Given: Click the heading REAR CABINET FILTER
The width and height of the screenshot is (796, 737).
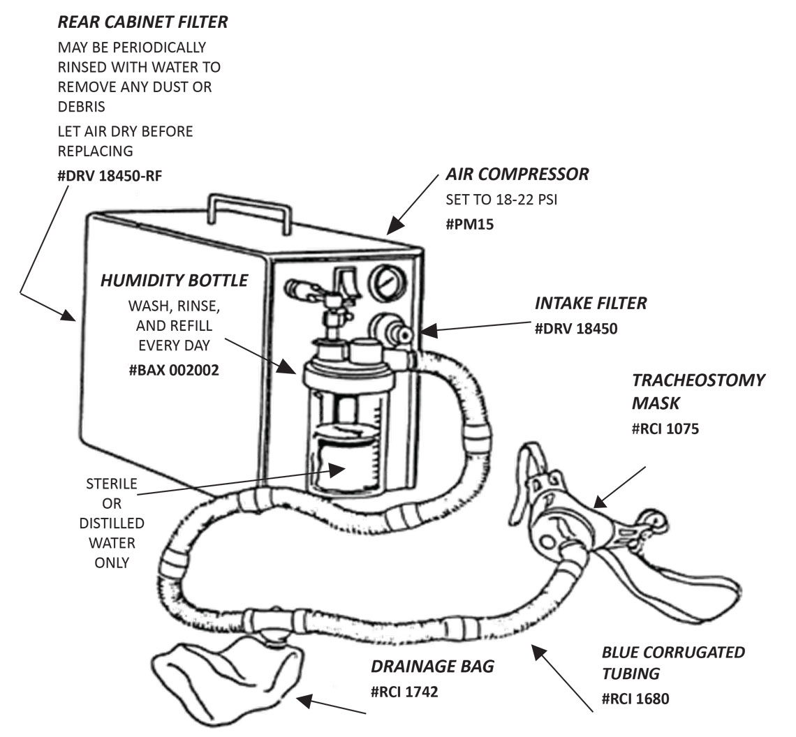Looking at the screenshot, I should point(142,22).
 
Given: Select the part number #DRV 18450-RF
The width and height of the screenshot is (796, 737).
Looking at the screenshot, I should point(110,175).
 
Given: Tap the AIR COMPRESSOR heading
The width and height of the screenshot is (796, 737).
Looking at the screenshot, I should point(517,174).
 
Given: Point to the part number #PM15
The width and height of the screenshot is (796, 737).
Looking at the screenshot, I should point(470,224).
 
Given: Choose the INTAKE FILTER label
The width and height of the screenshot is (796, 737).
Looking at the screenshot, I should point(591,303).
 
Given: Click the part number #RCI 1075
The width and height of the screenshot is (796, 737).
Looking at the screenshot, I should point(665,428).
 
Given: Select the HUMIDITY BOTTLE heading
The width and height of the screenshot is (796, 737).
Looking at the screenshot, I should point(174,281).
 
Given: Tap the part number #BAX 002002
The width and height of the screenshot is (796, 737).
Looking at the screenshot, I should point(174,370).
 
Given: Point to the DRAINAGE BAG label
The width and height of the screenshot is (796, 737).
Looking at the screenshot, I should point(432,666).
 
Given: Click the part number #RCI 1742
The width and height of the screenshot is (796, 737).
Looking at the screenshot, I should point(404,692).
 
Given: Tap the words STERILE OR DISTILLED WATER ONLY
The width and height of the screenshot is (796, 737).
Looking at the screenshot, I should point(112,523).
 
